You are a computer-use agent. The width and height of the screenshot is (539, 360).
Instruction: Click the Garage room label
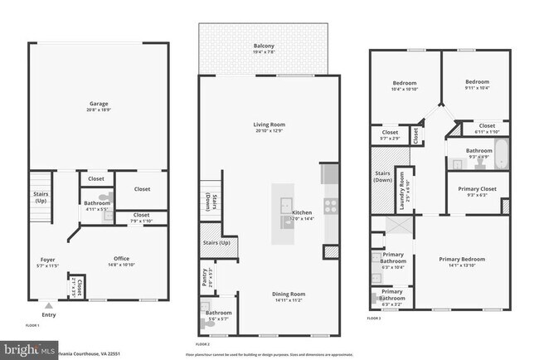(100, 105)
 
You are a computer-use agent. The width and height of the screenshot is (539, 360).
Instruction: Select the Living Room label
(269, 124)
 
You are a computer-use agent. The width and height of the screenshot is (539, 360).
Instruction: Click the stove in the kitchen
(329, 203)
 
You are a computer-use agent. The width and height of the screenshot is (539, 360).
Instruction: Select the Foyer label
(47, 260)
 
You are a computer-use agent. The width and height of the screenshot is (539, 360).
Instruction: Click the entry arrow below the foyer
(48, 304)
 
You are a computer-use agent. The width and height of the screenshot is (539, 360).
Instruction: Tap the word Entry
(49, 314)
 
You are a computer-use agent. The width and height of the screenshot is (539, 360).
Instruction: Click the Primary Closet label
(478, 188)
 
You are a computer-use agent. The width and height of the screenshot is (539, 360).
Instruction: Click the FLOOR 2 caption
(203, 343)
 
